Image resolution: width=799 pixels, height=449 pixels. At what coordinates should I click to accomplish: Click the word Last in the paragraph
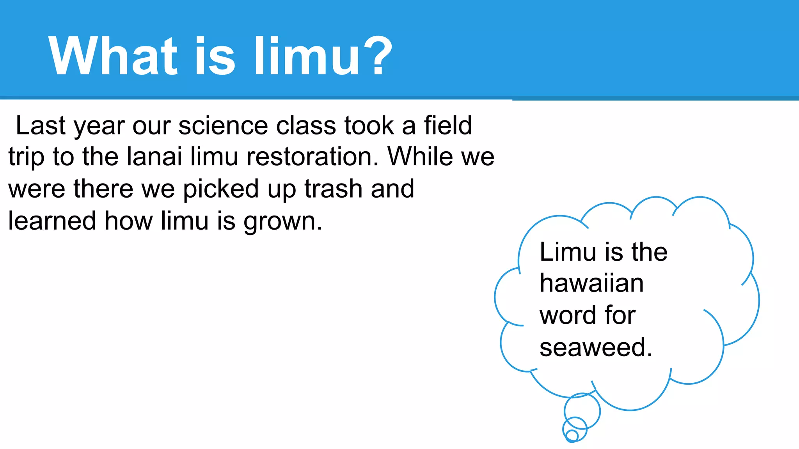(x=41, y=126)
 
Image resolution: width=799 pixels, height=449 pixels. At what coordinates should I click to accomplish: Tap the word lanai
(x=154, y=157)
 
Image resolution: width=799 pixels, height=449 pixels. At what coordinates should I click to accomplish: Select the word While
(x=421, y=157)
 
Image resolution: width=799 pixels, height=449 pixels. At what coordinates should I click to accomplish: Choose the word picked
(x=221, y=189)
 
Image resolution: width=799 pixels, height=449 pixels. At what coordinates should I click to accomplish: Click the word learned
(x=52, y=221)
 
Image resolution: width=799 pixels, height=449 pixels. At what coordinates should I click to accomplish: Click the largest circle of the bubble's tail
(x=582, y=411)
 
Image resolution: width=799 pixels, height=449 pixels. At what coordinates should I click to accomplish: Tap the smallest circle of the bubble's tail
(x=572, y=435)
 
